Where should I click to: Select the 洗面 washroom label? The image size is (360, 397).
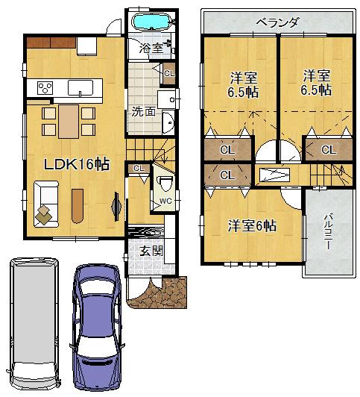click(143, 113)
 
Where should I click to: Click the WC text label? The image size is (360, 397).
click(165, 201)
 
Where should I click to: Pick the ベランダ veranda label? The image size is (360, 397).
click(277, 22)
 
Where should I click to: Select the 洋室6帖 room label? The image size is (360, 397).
click(252, 225)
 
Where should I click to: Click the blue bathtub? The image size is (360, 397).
click(152, 21)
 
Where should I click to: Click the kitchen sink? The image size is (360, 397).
click(78, 88)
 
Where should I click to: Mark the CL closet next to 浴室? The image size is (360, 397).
click(168, 72)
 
